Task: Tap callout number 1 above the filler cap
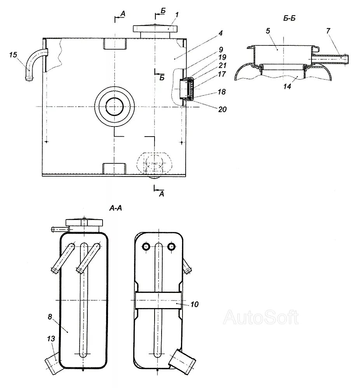176,15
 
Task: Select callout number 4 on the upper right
220,33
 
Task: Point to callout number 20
222,109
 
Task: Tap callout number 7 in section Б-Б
328,31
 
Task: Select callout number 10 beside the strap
195,304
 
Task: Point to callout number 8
50,317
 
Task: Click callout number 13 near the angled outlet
51,339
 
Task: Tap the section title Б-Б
290,17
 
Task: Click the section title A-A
116,208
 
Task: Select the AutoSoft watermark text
261,317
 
